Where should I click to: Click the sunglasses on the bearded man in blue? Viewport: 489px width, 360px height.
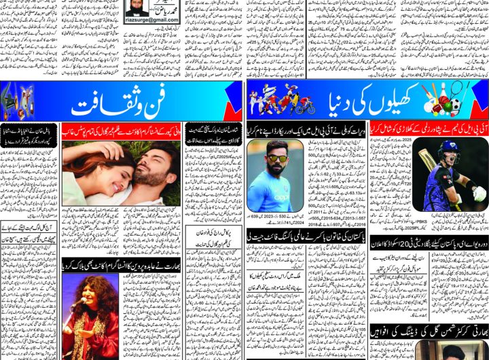pos(276,158)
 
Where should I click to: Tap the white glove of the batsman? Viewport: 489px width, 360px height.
pos(479,193)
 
